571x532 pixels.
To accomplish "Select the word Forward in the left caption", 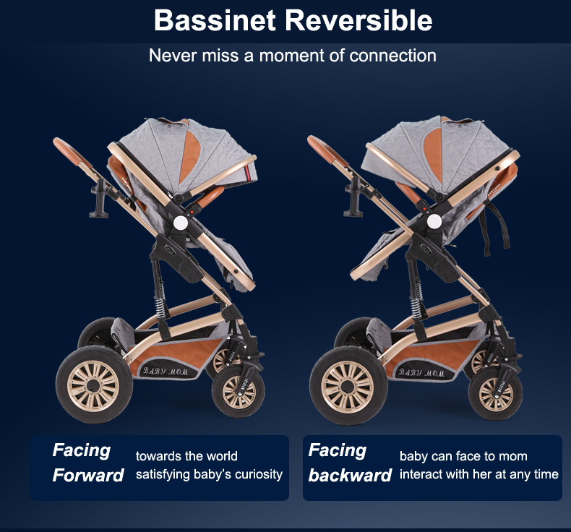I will (x=88, y=475).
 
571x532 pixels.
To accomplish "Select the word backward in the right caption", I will (x=350, y=475).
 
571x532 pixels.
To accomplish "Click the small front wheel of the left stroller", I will (x=239, y=392).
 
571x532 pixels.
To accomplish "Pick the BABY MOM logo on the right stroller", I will (x=421, y=373).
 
